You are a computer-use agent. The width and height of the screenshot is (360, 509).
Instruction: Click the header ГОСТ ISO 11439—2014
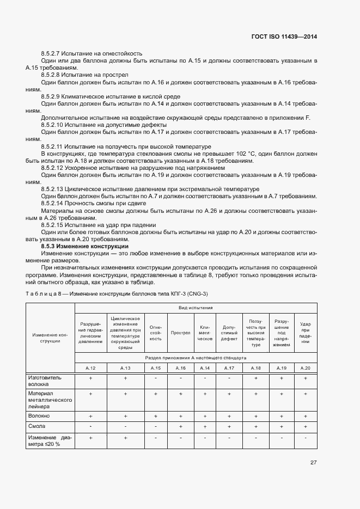[284, 36]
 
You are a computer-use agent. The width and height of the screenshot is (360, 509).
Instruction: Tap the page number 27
[313, 462]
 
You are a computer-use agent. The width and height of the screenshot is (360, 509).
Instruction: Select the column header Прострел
[180, 332]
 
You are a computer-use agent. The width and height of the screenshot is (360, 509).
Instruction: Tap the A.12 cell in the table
[90, 368]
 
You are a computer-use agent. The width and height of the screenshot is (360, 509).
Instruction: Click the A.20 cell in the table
[306, 368]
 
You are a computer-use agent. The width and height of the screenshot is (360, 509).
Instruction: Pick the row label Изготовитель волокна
[45, 380]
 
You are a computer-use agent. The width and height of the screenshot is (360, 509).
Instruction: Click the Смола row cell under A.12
[90, 426]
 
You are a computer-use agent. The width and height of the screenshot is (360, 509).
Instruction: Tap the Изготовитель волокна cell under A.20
[306, 377]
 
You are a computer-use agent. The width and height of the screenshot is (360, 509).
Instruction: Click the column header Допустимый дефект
[229, 332]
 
